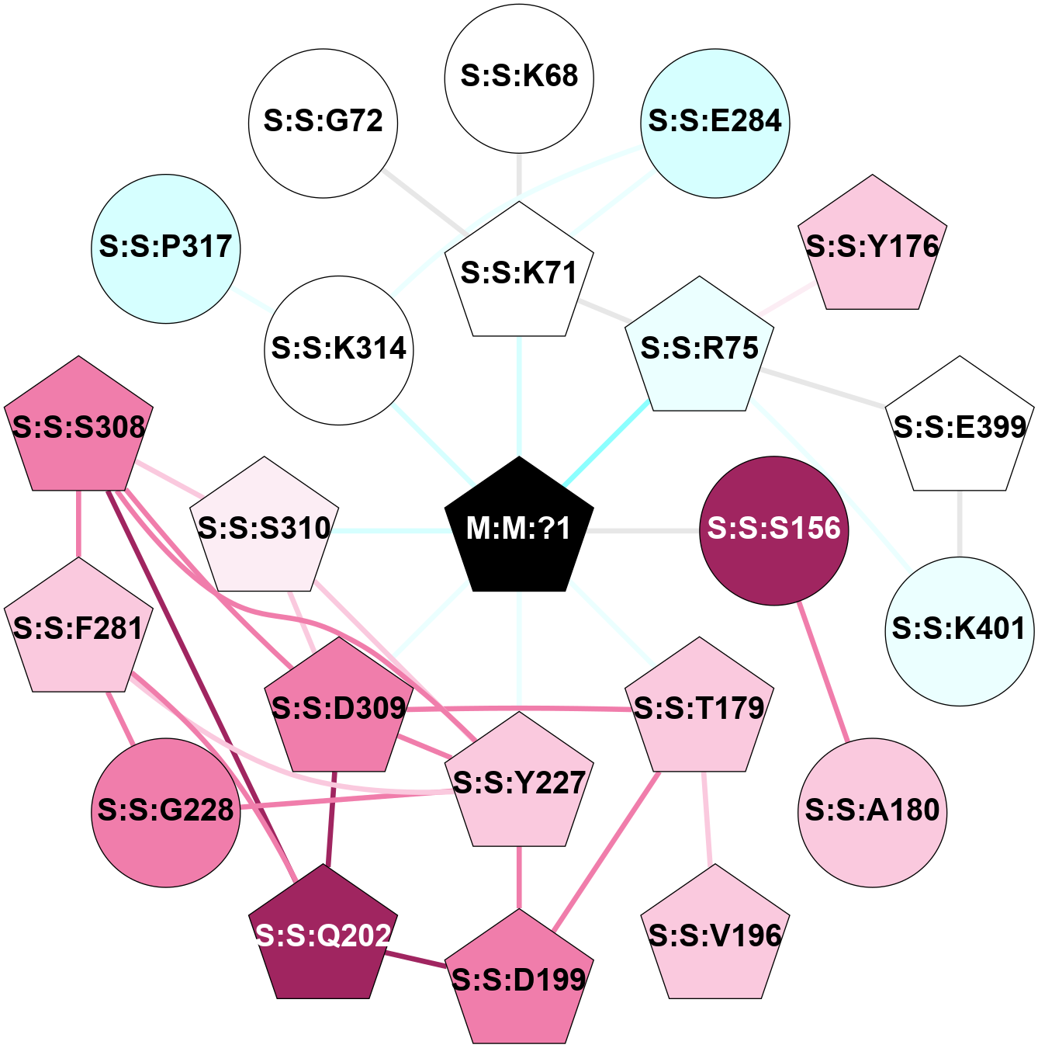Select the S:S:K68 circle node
pos(519,78)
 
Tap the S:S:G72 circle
pos(324,123)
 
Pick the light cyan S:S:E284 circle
pos(715,123)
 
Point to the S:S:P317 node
pos(166,248)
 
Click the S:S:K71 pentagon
pos(519,273)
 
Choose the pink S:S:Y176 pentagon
pos(873,247)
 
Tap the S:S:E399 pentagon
pos(960,428)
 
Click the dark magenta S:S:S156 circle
pos(774,529)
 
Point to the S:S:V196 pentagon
pos(715,936)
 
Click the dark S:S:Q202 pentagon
pos(324,936)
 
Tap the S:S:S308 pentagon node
pos(78,428)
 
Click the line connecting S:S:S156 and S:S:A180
pos(824,672)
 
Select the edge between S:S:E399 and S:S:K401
pos(960,523)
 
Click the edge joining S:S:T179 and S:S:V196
pos(707,818)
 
